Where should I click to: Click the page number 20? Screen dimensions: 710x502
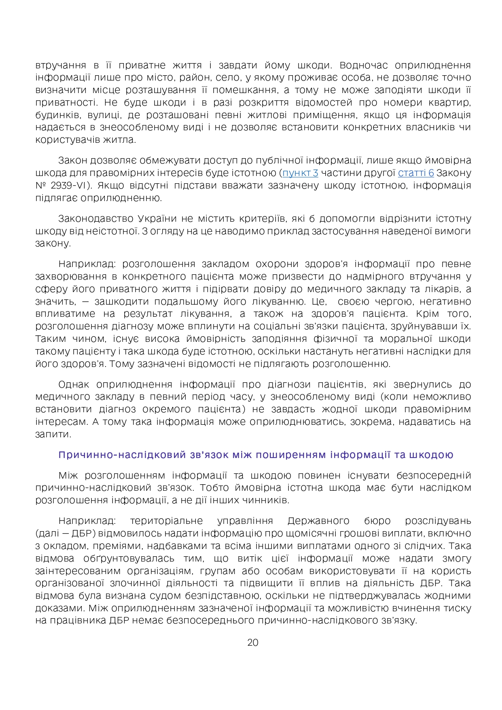tap(252, 642)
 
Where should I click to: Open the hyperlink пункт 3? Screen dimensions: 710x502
tap(300, 173)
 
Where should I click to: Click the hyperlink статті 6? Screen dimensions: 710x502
tap(416, 173)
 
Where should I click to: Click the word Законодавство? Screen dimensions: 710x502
tap(95, 219)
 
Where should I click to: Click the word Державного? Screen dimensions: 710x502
tap(318, 521)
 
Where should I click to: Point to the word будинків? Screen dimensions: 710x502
tap(55, 115)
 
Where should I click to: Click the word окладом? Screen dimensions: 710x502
tap(59, 546)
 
